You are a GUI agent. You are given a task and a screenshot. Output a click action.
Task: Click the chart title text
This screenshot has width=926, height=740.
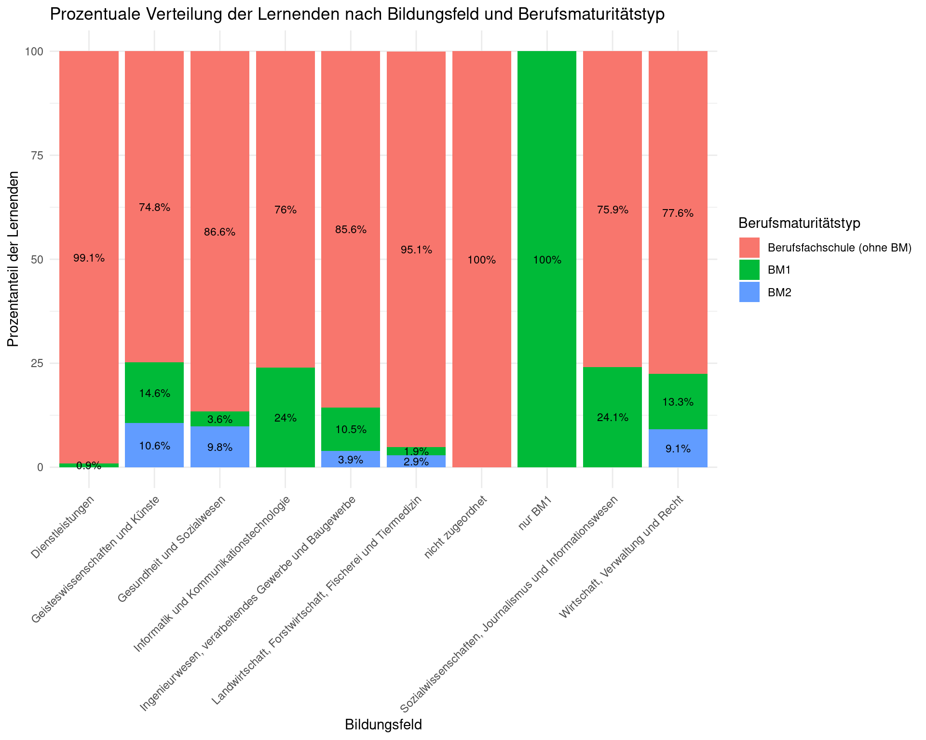click(357, 14)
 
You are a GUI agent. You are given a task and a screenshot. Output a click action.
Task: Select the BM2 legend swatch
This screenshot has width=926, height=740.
click(749, 292)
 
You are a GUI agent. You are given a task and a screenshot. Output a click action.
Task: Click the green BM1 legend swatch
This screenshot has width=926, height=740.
click(749, 270)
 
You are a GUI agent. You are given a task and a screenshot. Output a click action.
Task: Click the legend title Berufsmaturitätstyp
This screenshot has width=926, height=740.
click(800, 223)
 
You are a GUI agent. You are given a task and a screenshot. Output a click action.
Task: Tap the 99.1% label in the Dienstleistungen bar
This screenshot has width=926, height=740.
click(89, 258)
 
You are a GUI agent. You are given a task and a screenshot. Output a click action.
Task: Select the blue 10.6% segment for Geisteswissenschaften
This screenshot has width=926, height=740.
click(154, 445)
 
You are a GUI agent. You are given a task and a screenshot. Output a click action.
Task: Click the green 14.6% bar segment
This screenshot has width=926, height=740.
click(154, 393)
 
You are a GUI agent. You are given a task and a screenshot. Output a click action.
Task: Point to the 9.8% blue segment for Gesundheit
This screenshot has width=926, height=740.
click(220, 447)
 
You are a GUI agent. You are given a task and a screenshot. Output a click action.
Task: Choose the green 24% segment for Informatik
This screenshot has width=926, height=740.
click(286, 417)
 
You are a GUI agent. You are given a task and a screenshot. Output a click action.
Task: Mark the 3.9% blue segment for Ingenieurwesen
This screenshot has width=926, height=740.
click(351, 459)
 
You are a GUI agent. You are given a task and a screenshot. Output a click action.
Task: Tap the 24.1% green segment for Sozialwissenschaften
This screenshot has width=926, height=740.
click(613, 417)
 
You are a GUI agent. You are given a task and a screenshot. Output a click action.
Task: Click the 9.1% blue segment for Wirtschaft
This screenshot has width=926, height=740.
click(678, 448)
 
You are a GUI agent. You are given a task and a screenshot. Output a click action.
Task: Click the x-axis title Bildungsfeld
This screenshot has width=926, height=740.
click(383, 725)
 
